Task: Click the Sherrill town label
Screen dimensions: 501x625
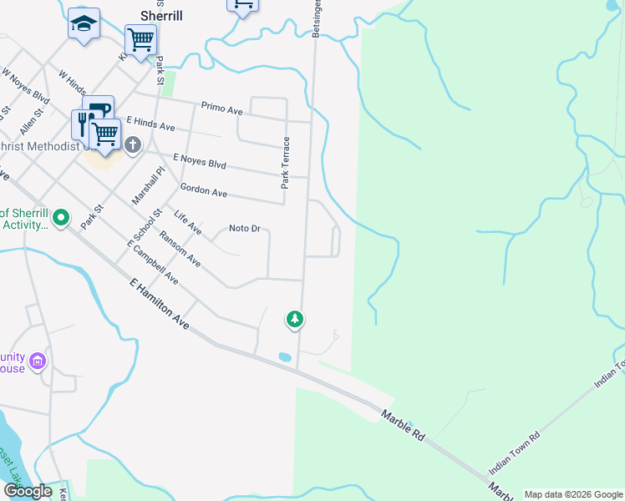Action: (x=160, y=16)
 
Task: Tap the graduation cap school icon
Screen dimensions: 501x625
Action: (x=84, y=23)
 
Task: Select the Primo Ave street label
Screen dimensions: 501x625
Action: (x=222, y=109)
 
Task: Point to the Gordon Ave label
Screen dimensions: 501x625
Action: (x=204, y=193)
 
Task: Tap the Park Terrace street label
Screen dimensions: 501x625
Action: (x=285, y=162)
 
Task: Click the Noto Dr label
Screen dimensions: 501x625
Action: (x=245, y=228)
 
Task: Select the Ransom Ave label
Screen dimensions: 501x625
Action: (x=180, y=248)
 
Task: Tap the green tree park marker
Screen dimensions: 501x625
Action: (x=294, y=318)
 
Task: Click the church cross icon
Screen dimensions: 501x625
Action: (x=132, y=145)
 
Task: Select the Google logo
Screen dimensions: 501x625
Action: (x=28, y=491)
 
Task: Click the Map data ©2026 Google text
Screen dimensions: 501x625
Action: (x=573, y=494)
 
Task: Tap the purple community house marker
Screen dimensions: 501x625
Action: (x=37, y=362)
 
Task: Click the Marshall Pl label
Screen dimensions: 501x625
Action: (x=149, y=185)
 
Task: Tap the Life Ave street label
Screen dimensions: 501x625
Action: (x=188, y=221)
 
